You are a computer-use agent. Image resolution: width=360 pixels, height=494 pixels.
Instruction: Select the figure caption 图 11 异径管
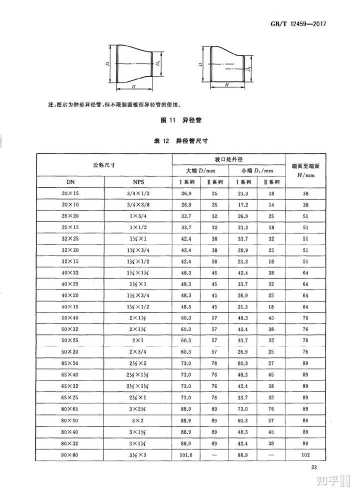[179, 120]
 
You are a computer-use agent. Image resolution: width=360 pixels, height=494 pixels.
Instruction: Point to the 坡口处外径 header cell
[228, 158]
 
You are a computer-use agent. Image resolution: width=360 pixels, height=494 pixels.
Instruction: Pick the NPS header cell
[138, 182]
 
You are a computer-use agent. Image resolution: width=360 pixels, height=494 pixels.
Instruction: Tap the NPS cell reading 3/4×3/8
[138, 205]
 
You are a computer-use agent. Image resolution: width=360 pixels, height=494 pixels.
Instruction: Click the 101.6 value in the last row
[186, 454]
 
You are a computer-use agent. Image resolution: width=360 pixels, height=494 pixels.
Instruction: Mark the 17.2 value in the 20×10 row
[243, 205]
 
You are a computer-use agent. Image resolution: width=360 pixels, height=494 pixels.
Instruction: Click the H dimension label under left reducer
[132, 86]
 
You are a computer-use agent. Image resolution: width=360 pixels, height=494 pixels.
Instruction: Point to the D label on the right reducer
[200, 65]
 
